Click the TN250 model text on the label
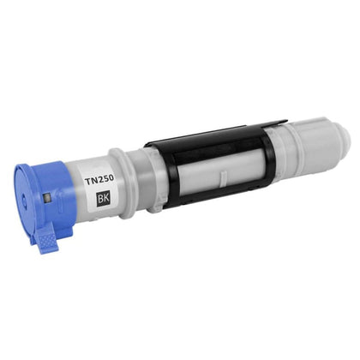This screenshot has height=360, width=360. (99, 180)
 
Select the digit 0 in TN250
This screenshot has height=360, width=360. (111, 178)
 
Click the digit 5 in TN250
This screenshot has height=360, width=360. (105, 179)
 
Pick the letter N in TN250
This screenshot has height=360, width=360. (93, 181)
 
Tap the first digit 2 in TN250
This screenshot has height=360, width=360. (100, 180)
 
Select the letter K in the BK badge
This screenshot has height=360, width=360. (105, 198)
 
